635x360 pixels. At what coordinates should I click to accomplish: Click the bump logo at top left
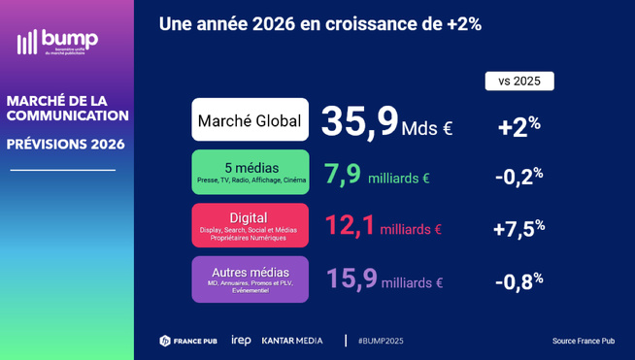coord(57,42)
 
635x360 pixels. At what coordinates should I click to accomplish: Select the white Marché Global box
coord(250,120)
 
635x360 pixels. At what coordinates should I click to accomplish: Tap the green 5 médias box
coord(250,172)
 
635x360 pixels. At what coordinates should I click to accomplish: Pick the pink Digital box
coord(250,224)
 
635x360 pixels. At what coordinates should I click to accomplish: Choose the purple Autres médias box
coord(250,278)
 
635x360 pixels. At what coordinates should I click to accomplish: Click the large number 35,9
coord(359,121)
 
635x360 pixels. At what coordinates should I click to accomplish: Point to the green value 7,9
coord(343,175)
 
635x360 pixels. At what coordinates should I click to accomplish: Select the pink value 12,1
coord(350,226)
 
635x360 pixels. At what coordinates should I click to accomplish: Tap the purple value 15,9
coord(351,279)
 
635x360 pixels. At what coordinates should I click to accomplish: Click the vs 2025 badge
coord(518,81)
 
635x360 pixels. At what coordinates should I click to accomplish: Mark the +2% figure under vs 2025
coord(518,125)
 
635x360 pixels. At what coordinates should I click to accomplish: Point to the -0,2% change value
coord(518,176)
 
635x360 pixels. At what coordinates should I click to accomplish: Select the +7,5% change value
coord(518,228)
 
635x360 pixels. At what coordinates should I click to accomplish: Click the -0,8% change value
coord(518,280)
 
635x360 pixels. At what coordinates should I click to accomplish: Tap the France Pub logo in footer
coord(188,341)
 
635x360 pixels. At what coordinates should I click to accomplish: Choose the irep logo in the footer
coord(241,341)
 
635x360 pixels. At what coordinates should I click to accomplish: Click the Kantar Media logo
coord(292,341)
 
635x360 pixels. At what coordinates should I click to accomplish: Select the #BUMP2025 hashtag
coord(381,341)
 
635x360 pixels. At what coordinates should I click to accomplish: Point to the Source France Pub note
coord(584,341)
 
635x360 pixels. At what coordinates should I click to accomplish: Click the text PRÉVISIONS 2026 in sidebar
coord(65,145)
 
